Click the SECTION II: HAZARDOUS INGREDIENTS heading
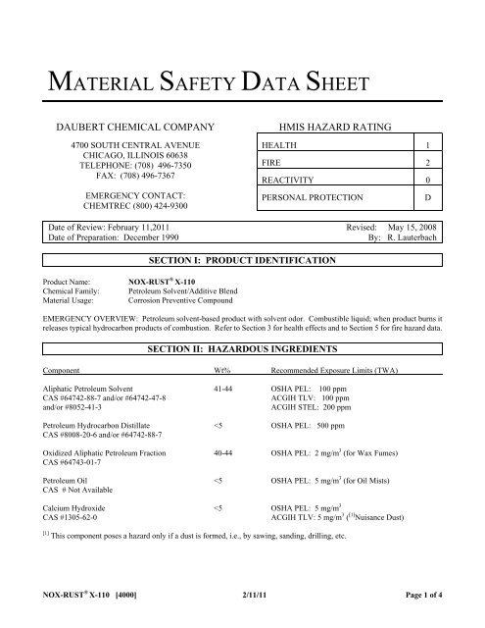tap(241, 349)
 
